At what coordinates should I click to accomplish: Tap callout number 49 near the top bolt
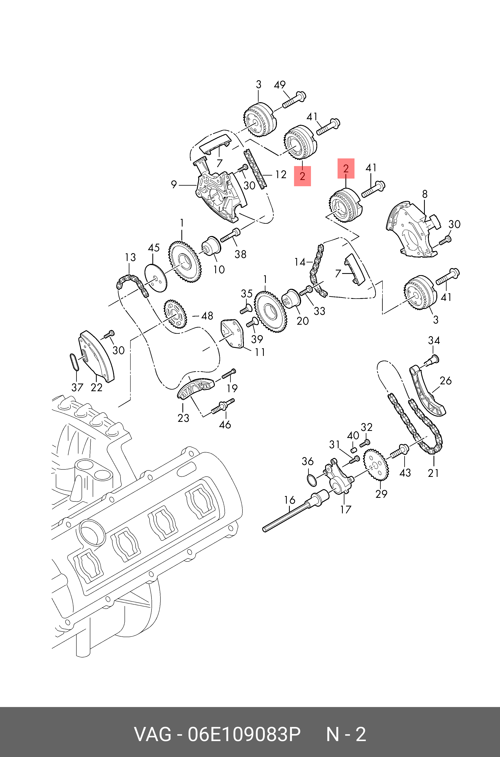point(280,85)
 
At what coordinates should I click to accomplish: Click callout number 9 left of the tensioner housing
point(174,184)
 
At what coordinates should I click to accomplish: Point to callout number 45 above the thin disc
point(154,248)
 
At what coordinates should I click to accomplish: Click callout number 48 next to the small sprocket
point(207,316)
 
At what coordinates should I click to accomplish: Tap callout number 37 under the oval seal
point(77,387)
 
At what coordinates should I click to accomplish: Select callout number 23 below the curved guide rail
point(183,418)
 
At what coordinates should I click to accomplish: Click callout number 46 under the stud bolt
point(225,424)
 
